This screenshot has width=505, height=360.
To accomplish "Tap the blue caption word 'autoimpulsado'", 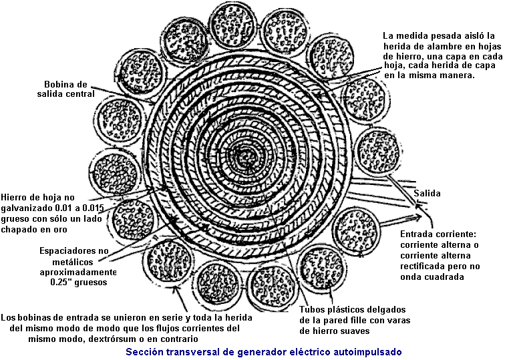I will click(369, 351).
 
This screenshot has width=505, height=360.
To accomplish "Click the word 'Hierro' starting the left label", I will click(15, 197).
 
